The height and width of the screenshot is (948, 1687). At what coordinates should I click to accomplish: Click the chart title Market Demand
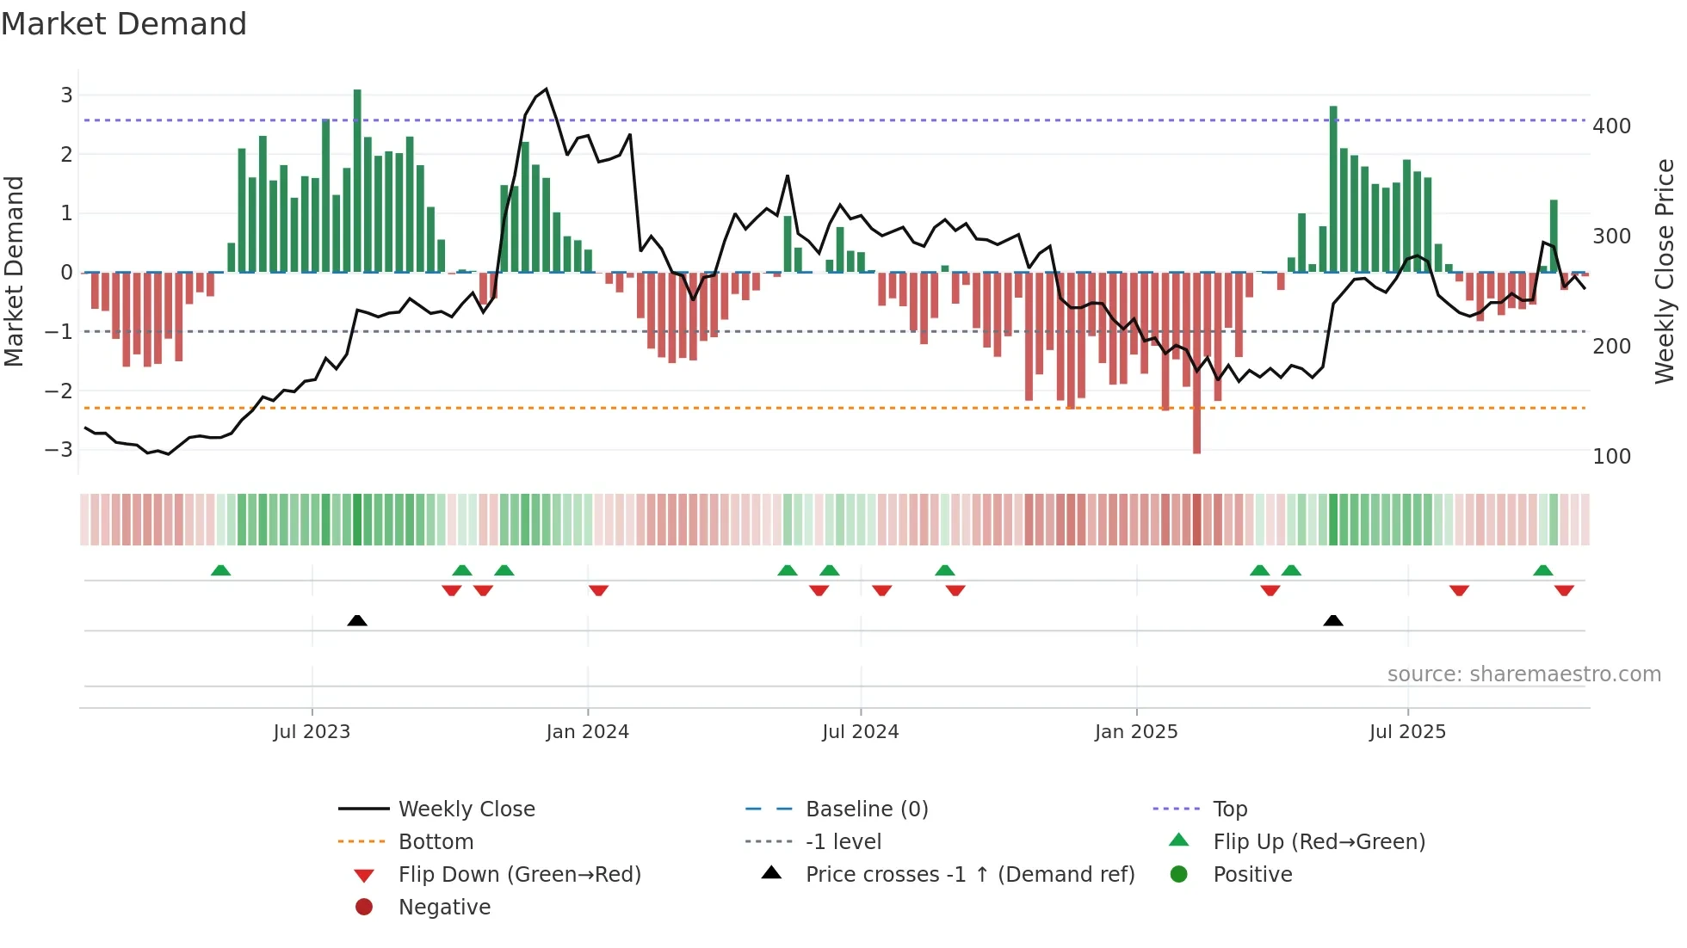pos(124,24)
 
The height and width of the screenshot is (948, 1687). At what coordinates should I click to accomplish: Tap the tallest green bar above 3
pos(357,181)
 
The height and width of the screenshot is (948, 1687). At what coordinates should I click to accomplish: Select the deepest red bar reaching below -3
pos(1196,361)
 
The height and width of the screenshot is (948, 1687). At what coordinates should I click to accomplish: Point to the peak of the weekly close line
pos(546,89)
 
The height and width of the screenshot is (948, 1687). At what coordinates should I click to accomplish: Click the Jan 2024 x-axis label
pos(587,732)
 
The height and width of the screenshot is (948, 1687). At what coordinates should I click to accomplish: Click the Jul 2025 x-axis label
pos(1407,732)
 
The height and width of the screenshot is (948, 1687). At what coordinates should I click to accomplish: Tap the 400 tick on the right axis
pos(1611,126)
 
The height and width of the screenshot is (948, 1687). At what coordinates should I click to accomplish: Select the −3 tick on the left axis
pos(59,450)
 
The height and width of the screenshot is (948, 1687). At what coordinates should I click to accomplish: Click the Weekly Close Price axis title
pos(1665,271)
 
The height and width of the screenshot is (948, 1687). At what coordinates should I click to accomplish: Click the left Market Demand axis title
pos(14,271)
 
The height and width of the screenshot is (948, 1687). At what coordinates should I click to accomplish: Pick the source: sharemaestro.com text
pos(1523,674)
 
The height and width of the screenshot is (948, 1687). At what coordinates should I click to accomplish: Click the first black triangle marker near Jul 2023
pos(357,620)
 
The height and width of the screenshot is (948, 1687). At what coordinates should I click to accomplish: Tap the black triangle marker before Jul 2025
pos(1332,620)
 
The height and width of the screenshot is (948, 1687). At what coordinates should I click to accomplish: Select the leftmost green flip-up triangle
pos(221,570)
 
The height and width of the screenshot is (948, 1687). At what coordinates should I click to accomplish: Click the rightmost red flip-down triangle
pos(1564,590)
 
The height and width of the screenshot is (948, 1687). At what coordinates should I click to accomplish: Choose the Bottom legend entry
pos(436,842)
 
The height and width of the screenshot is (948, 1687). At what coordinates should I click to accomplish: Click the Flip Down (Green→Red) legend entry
pos(519,875)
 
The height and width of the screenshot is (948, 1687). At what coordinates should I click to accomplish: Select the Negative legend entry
pos(444,908)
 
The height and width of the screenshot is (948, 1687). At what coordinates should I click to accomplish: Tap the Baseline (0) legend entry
pos(866,809)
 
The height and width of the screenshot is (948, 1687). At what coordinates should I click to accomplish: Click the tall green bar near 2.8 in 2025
pos(1333,189)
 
